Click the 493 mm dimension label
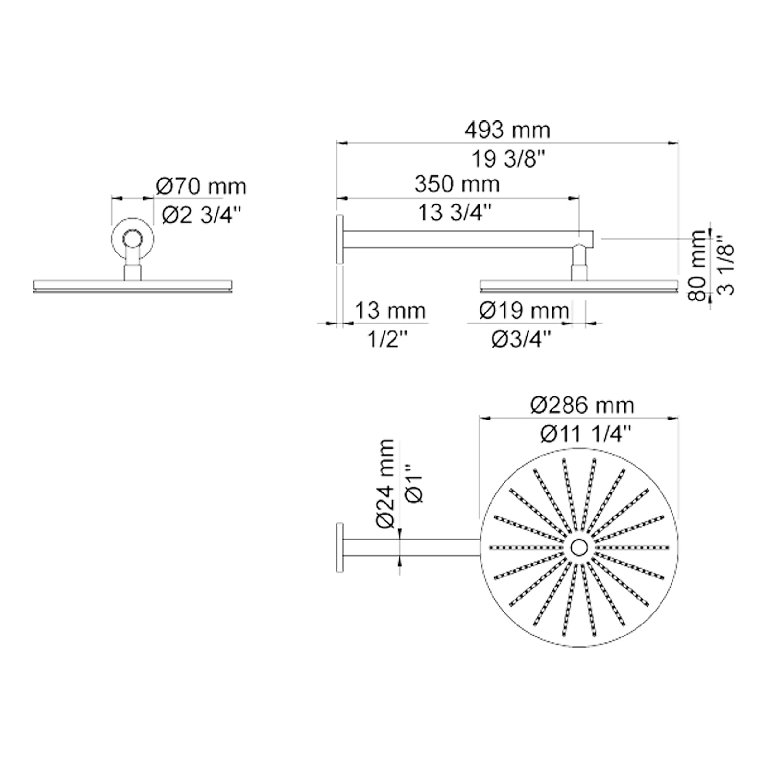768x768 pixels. (507, 131)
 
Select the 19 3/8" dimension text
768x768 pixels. (509, 159)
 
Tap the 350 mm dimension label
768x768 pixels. (456, 184)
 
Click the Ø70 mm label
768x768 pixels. (201, 187)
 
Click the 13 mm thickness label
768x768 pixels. (390, 311)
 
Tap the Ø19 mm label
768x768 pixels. (524, 311)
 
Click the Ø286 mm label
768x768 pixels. (582, 406)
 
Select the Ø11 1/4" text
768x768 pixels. (584, 434)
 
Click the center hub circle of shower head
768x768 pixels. (579, 547)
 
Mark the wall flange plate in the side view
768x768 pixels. (339, 239)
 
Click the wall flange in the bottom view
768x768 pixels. (339, 547)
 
